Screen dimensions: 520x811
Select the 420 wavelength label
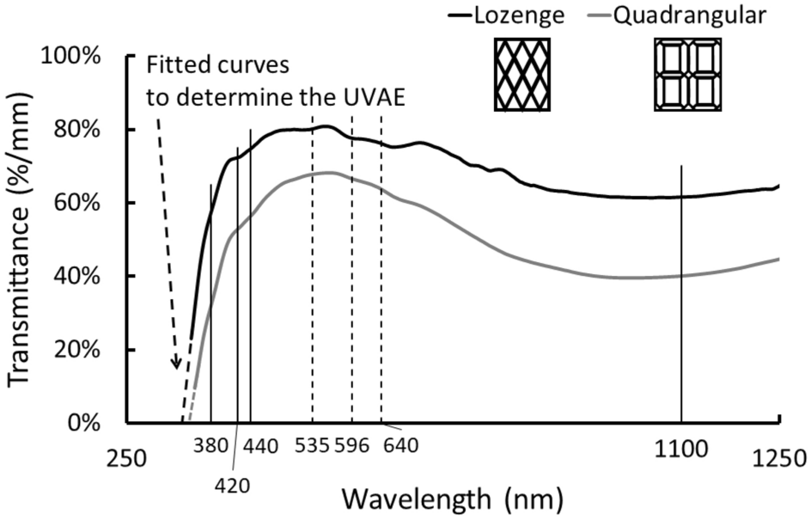tap(232, 485)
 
